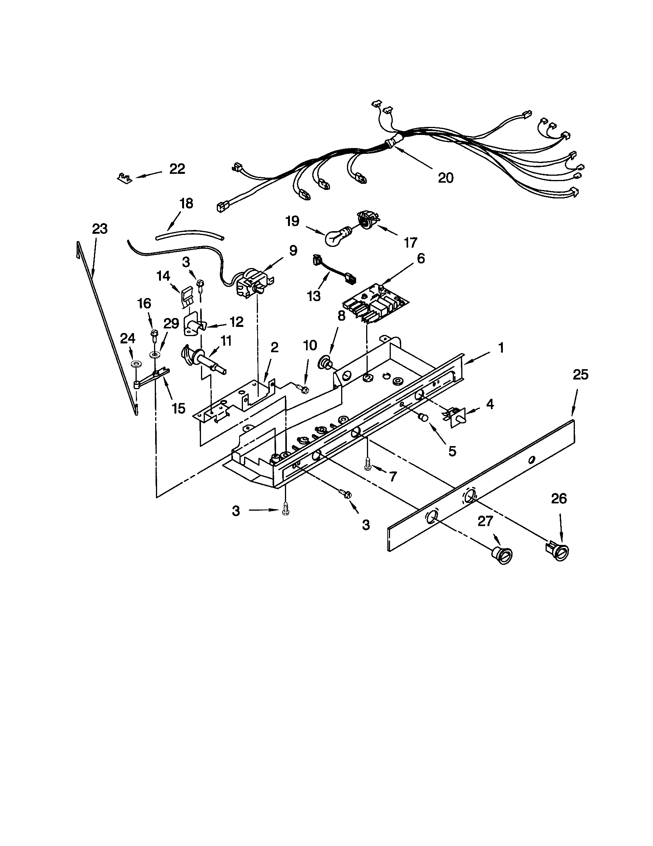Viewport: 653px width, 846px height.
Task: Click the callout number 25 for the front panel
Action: pyautogui.click(x=581, y=375)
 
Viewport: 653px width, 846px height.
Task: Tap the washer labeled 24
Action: pyautogui.click(x=136, y=364)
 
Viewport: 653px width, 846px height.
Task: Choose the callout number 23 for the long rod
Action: pyautogui.click(x=100, y=229)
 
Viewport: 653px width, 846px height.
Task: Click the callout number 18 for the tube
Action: pyautogui.click(x=186, y=203)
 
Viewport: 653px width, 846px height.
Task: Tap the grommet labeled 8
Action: pyautogui.click(x=325, y=363)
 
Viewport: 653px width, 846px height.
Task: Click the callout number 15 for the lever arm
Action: pyautogui.click(x=178, y=408)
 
